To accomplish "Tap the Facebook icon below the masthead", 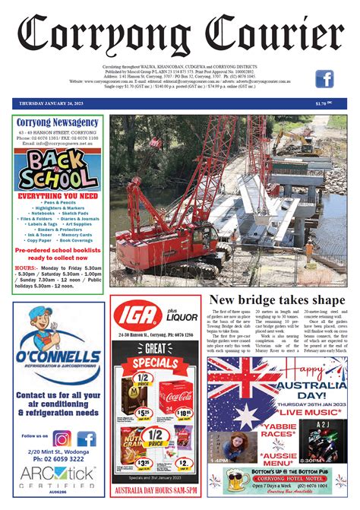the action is click(325, 79).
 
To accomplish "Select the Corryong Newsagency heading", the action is click(58, 122).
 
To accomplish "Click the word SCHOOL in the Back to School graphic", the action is click(58, 178).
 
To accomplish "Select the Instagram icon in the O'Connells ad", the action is click(62, 439).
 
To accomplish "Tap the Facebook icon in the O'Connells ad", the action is click(86, 439).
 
